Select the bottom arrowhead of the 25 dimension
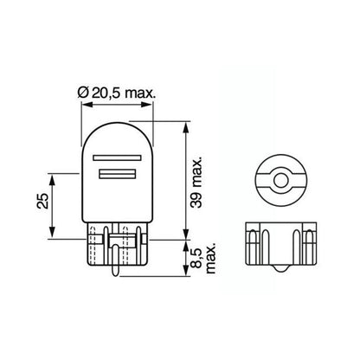[x=55, y=234]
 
